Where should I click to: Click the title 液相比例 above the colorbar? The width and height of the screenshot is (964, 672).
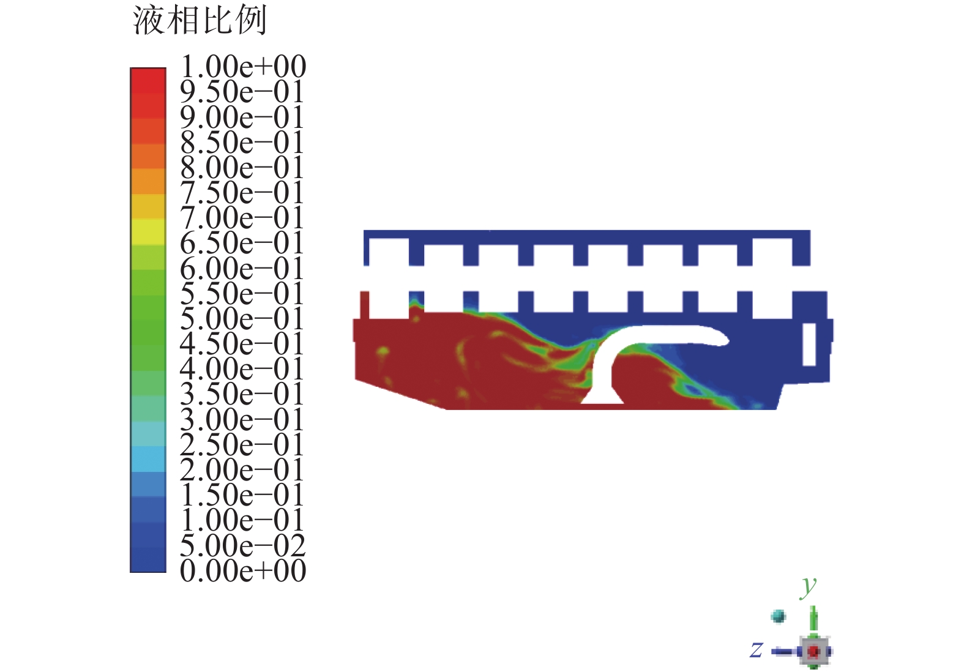pyautogui.click(x=200, y=20)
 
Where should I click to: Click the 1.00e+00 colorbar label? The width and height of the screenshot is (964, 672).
pyautogui.click(x=243, y=66)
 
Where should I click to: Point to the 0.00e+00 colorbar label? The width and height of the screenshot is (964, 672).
pyautogui.click(x=243, y=571)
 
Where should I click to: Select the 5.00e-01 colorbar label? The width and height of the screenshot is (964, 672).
pyautogui.click(x=242, y=319)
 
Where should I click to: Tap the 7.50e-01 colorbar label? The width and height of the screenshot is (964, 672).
pyautogui.click(x=242, y=192)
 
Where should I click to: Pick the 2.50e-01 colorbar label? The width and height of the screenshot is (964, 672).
pyautogui.click(x=242, y=445)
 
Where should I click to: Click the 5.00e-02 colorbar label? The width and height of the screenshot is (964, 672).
pyautogui.click(x=243, y=546)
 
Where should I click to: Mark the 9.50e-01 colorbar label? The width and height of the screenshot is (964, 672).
pyautogui.click(x=242, y=92)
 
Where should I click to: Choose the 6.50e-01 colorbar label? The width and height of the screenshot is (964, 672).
pyautogui.click(x=242, y=243)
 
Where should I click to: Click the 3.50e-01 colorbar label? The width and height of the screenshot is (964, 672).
pyautogui.click(x=242, y=395)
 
